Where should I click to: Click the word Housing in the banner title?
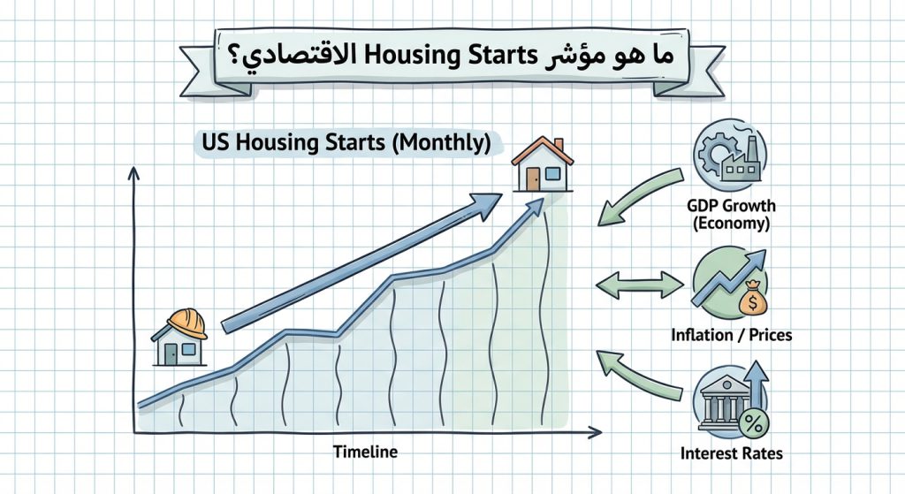[429, 56]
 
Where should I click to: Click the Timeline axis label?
[365, 452]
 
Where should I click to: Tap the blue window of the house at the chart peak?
[553, 174]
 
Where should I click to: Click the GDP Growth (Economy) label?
[731, 215]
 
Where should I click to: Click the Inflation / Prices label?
[731, 336]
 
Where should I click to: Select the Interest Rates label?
[732, 453]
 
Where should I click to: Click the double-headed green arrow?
[640, 285]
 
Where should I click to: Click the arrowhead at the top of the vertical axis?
[133, 174]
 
